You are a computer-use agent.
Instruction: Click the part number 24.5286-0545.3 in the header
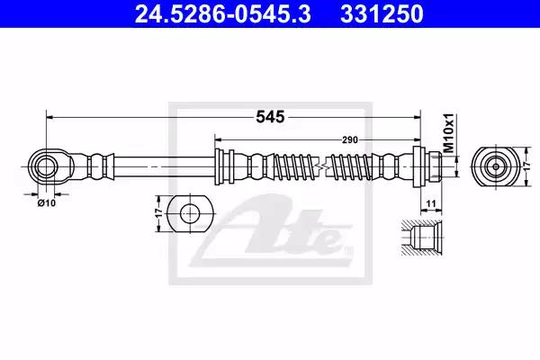tap(223, 13)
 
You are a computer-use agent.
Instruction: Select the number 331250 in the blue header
tap(382, 13)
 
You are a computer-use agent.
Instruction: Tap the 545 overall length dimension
tap(270, 117)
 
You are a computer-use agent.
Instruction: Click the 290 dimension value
tap(350, 139)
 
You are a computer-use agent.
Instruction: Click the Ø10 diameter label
tap(47, 203)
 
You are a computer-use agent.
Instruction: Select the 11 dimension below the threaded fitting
tap(431, 203)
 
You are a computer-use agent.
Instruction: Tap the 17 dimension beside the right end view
tap(526, 166)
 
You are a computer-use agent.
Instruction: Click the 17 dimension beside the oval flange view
tap(159, 213)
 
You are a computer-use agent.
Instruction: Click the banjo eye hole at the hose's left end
tap(46, 166)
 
